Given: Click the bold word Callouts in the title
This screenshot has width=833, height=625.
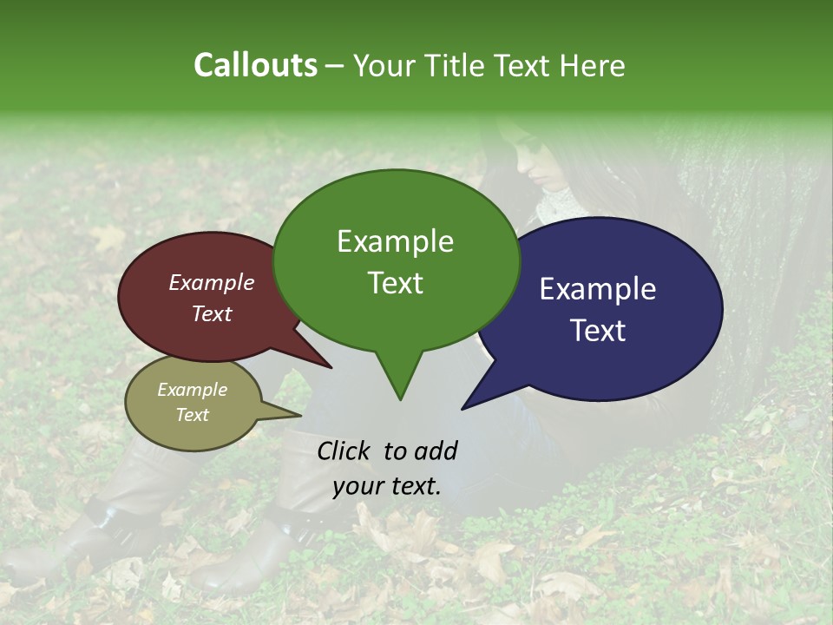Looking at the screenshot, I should coord(255,65).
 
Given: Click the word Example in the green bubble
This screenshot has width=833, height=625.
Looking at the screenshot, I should coord(395,241).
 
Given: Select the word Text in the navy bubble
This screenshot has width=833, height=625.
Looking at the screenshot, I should coord(598,331).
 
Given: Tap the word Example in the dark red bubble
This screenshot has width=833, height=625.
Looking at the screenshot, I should coord(211,283).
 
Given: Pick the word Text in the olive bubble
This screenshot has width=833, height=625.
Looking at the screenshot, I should coord(193,415).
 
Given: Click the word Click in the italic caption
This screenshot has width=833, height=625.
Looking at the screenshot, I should coord(344,451).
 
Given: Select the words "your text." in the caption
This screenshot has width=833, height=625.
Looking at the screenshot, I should coord(387,486).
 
